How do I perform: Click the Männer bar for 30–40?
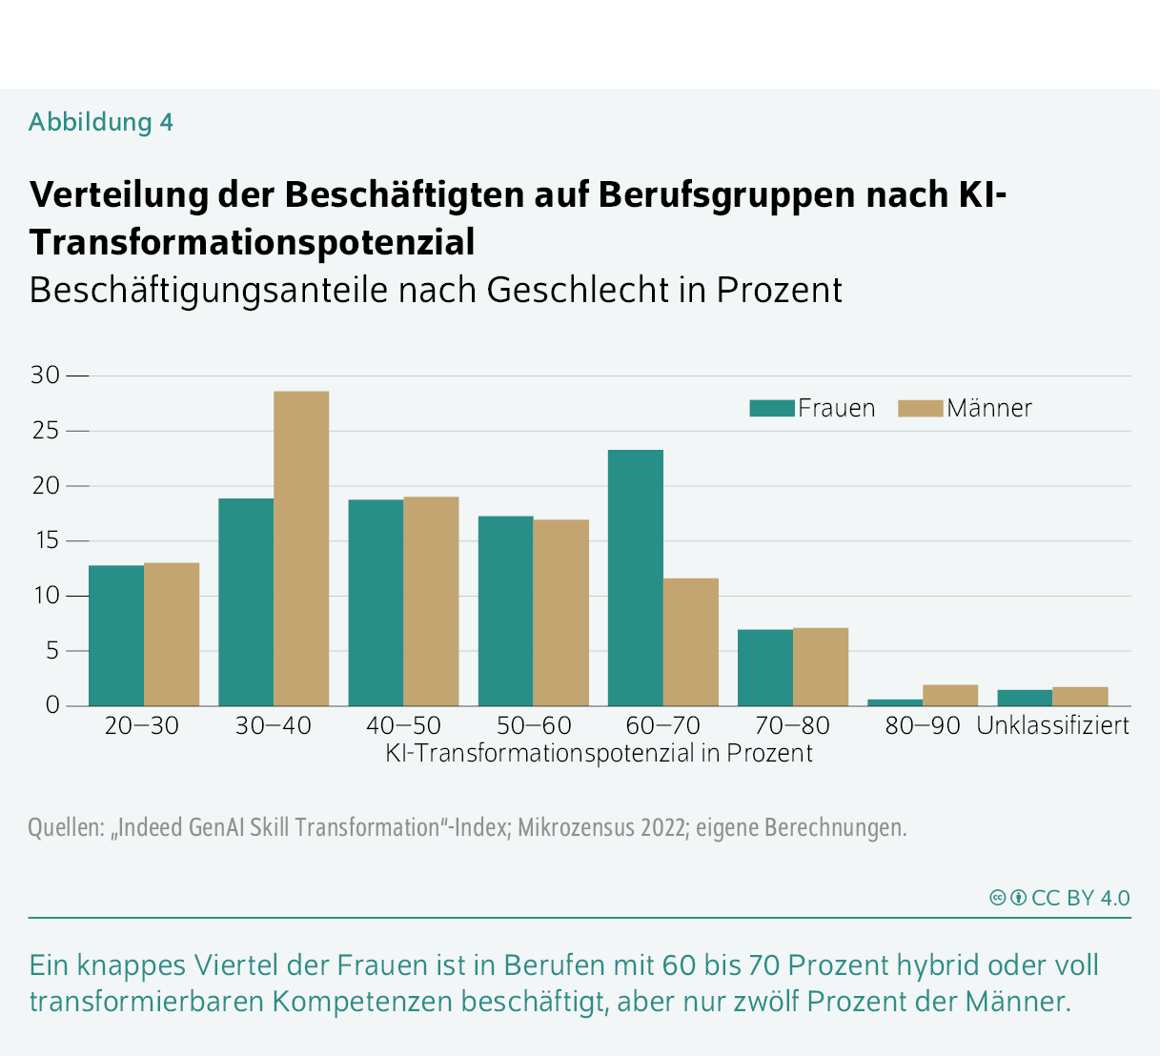301,548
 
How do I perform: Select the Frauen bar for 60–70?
636,578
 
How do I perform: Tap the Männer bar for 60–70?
691,641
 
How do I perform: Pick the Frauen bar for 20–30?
116,636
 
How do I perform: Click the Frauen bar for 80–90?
895,702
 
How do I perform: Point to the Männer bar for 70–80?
821,666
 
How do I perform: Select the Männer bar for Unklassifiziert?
1080,696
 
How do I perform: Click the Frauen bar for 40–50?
376,602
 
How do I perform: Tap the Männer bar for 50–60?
560,613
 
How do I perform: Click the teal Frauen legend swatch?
771,408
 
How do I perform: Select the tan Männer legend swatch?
920,408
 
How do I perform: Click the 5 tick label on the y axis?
51,651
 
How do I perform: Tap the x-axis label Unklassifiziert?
1052,725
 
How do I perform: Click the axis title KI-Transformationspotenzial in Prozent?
599,753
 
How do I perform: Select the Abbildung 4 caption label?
101,122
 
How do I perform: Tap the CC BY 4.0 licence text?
1080,898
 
